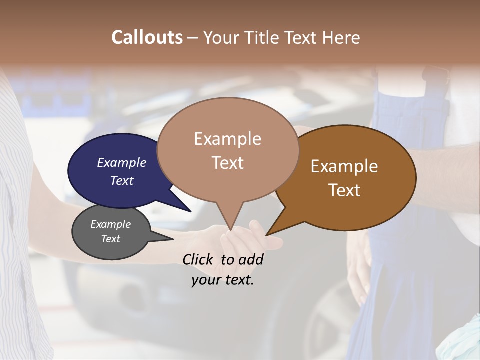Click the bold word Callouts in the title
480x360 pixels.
[x=147, y=38]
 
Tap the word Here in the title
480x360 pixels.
[x=341, y=38]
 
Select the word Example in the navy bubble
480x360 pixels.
[x=122, y=163]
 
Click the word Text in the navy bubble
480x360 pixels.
[x=122, y=180]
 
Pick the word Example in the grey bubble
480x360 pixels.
[x=111, y=224]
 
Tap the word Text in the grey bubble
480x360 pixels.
[x=111, y=239]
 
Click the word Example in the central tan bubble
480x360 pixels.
[x=227, y=139]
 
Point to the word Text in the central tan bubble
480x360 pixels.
[x=227, y=163]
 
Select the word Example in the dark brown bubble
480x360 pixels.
[x=344, y=166]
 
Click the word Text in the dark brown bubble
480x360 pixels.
[x=344, y=190]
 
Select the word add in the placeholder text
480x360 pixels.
[x=250, y=260]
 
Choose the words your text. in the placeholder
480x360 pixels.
[x=223, y=280]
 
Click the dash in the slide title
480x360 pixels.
[x=192, y=38]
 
